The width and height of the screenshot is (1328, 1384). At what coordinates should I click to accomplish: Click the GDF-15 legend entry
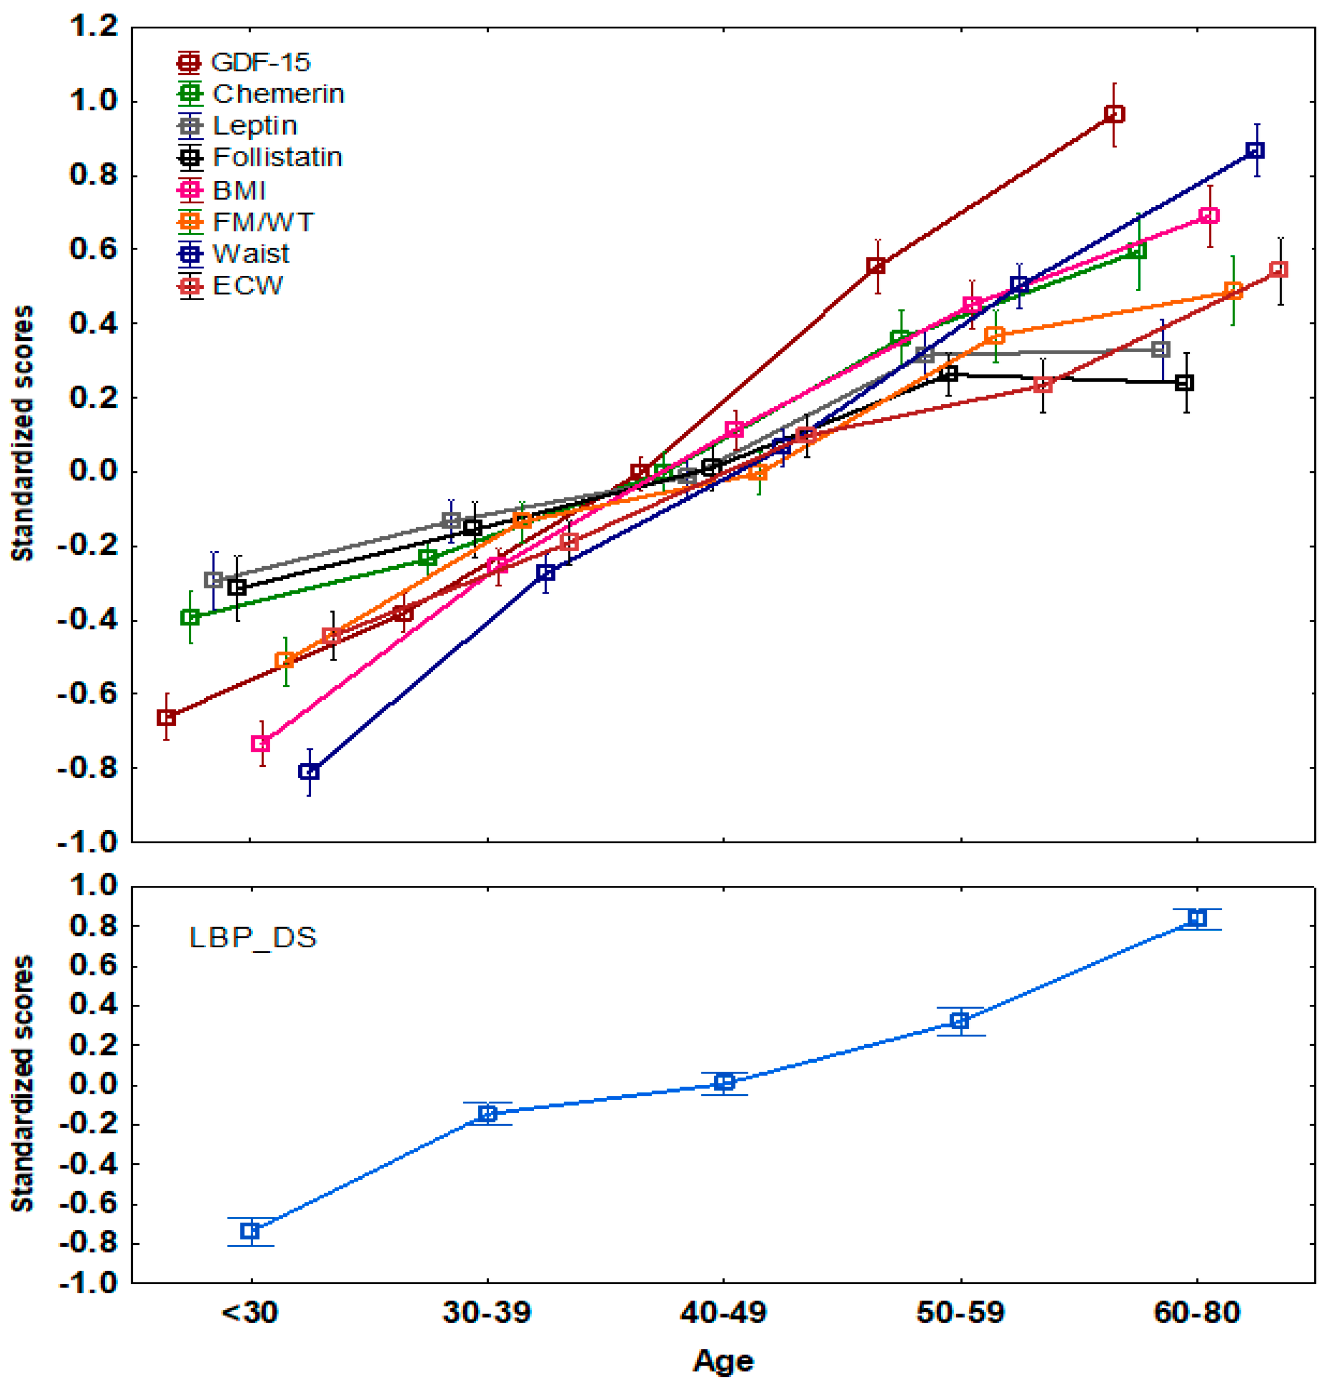[244, 63]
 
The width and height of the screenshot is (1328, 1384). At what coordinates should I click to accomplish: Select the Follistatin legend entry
[260, 157]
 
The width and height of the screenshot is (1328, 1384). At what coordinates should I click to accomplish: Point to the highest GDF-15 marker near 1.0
[1114, 114]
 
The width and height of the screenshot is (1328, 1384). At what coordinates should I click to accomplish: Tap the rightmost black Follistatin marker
[1185, 383]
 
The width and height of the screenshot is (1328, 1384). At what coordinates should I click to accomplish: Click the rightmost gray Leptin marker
[1160, 350]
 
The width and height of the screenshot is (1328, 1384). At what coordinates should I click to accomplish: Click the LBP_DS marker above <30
[250, 1231]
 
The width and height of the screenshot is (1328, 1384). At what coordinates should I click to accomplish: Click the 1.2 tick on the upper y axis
[93, 27]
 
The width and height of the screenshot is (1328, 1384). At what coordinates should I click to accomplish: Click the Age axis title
[723, 1361]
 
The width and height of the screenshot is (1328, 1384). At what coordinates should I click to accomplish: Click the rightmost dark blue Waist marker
[1255, 151]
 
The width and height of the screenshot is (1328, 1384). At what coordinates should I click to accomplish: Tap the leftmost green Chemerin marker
[190, 617]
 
